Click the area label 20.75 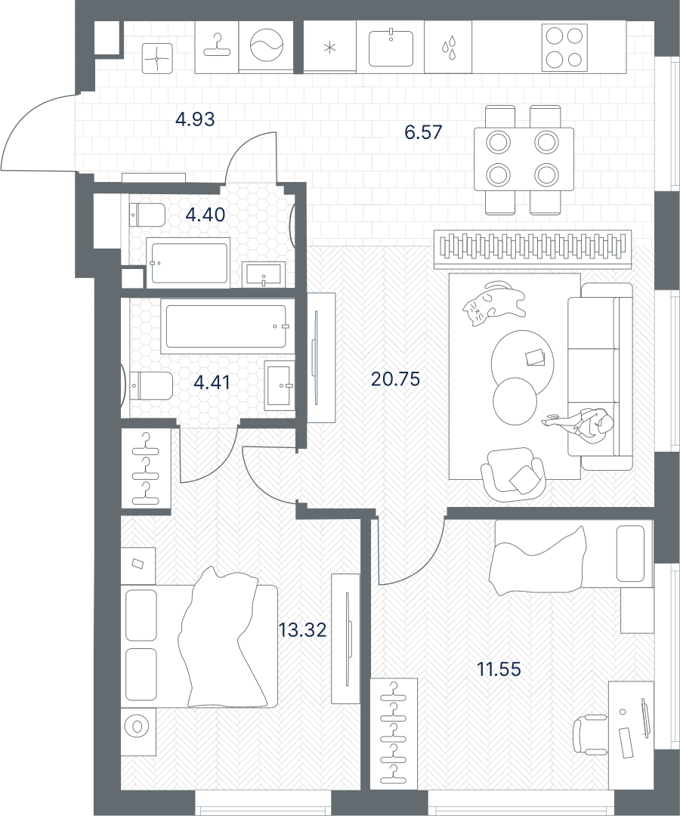[x=395, y=379]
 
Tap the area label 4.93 [x=195, y=119]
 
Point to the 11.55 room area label [x=499, y=669]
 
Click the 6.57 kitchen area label [x=424, y=131]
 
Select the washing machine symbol [x=267, y=46]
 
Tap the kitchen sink [x=391, y=48]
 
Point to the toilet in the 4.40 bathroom [x=147, y=215]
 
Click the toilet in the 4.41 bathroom [x=151, y=385]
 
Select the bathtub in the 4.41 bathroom [x=226, y=326]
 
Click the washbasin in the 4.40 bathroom [x=264, y=274]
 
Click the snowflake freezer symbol [x=329, y=48]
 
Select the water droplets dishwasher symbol [x=449, y=46]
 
